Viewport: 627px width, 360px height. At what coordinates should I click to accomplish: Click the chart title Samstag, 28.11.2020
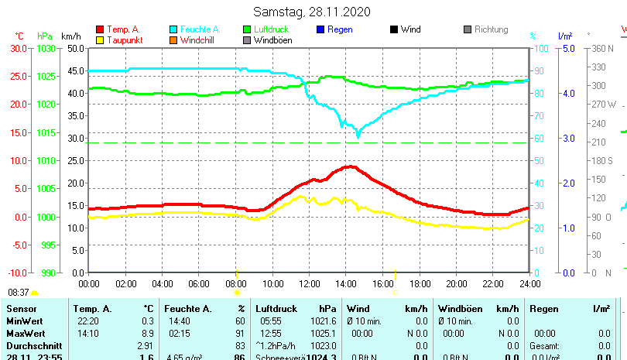tap(313, 12)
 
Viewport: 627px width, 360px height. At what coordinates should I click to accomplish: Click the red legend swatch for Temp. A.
tap(100, 29)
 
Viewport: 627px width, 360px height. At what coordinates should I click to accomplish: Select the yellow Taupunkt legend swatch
tap(100, 40)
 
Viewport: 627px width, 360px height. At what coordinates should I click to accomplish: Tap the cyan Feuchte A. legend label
tap(200, 29)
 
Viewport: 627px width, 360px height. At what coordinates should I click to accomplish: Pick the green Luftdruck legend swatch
tap(247, 29)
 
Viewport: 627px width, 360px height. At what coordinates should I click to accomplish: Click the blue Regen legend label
tap(340, 29)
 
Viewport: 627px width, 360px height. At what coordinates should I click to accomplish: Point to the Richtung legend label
tap(491, 29)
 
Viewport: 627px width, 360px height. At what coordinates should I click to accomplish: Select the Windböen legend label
tap(273, 40)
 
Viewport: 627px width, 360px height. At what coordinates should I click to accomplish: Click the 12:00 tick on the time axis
tap(309, 283)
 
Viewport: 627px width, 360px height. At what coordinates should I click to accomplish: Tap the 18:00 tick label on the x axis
tap(420, 283)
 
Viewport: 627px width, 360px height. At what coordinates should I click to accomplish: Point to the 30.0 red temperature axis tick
tap(19, 48)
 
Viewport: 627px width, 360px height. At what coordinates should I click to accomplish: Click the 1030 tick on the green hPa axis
tap(45, 48)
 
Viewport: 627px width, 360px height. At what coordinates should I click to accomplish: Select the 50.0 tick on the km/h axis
tap(75, 48)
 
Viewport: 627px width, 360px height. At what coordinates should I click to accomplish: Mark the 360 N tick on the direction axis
tap(601, 48)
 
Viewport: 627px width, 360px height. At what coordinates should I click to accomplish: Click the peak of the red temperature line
tap(351, 166)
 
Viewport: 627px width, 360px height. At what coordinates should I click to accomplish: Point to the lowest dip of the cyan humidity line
tap(358, 135)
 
